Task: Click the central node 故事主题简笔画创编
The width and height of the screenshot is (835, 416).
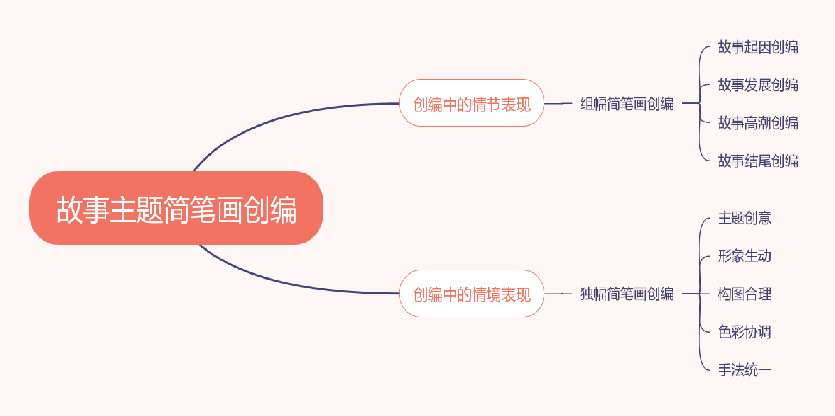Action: [176, 208]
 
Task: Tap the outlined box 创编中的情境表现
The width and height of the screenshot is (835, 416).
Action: [472, 294]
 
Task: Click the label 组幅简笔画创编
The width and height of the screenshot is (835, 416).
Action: [627, 103]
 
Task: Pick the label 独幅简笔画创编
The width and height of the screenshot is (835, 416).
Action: [627, 294]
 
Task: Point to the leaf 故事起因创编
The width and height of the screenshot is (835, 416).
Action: [758, 47]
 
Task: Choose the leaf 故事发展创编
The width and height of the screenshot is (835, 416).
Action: [758, 85]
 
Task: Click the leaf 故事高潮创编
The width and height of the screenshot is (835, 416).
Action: [758, 123]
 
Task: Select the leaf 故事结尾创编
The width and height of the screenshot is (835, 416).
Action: [758, 161]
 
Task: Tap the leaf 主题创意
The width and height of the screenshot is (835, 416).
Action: [745, 218]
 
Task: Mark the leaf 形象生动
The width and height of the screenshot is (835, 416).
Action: [745, 256]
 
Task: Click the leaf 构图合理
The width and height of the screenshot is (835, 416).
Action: [745, 294]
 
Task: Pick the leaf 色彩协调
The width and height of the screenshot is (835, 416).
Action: [745, 332]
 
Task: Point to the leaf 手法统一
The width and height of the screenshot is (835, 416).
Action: [745, 370]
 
